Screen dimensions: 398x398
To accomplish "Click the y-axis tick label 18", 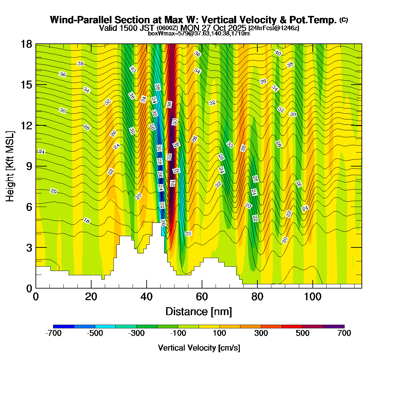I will (26, 44).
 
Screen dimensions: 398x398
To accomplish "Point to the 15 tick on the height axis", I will (26, 85).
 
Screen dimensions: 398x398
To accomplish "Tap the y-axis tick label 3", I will (29, 248).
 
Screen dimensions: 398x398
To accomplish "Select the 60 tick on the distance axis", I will (202, 297).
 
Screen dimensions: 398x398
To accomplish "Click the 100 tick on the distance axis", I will (313, 297).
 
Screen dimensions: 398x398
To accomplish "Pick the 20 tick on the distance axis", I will (91, 297).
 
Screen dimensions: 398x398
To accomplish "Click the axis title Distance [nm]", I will (198, 312).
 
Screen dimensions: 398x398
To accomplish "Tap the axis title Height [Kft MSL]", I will (10, 166).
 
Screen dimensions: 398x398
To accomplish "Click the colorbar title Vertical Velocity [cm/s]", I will (199, 348).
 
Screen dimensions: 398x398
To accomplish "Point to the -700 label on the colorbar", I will (53, 333).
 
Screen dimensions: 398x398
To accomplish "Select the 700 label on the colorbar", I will (344, 333).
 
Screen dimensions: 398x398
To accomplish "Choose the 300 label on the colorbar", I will (261, 333).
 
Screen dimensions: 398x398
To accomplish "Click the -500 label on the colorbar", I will (95, 333).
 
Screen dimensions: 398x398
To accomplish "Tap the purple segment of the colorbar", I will (334, 327).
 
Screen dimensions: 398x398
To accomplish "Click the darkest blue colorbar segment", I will (63, 327).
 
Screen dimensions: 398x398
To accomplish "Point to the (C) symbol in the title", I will (344, 20).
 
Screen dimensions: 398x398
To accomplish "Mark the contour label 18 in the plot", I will (87, 221).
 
